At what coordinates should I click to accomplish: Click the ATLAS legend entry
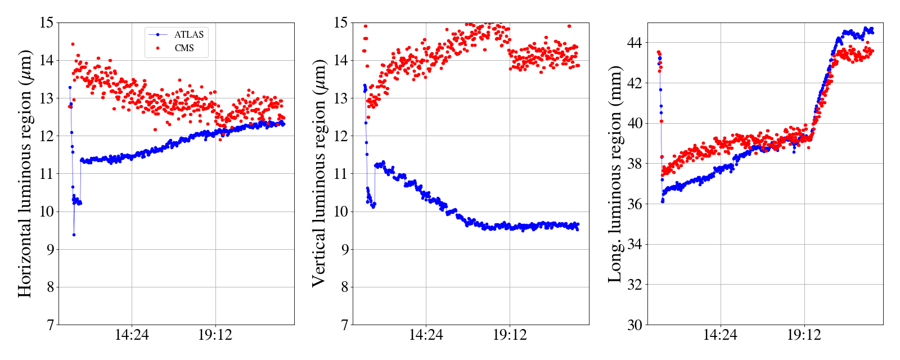pyautogui.click(x=188, y=35)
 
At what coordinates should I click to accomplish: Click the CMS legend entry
pyautogui.click(x=184, y=48)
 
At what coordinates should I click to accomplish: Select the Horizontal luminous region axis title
pyautogui.click(x=25, y=173)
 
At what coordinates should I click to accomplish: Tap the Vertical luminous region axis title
pyautogui.click(x=319, y=173)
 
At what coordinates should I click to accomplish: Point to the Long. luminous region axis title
pyautogui.click(x=615, y=173)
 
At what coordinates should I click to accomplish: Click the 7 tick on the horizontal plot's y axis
pyautogui.click(x=49, y=325)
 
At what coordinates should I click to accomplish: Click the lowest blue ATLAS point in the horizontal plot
pyautogui.click(x=74, y=235)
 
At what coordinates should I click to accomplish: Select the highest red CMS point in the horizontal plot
pyautogui.click(x=73, y=44)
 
